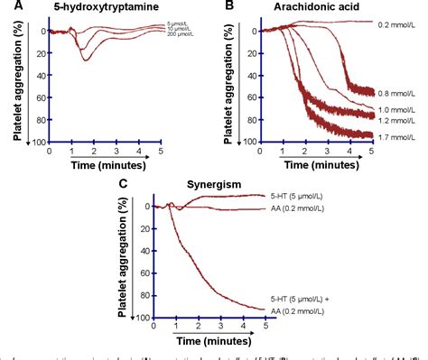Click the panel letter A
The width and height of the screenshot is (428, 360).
coord(6,6)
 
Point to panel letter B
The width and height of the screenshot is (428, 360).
coord(229,6)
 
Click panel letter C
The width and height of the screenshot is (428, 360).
coord(123,185)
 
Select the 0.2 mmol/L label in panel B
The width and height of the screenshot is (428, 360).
coord(400,23)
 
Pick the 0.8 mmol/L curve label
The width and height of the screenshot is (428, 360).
coord(400,92)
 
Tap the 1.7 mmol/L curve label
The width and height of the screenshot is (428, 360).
coord(400,138)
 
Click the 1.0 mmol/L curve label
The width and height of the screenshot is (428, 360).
coord(400,108)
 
